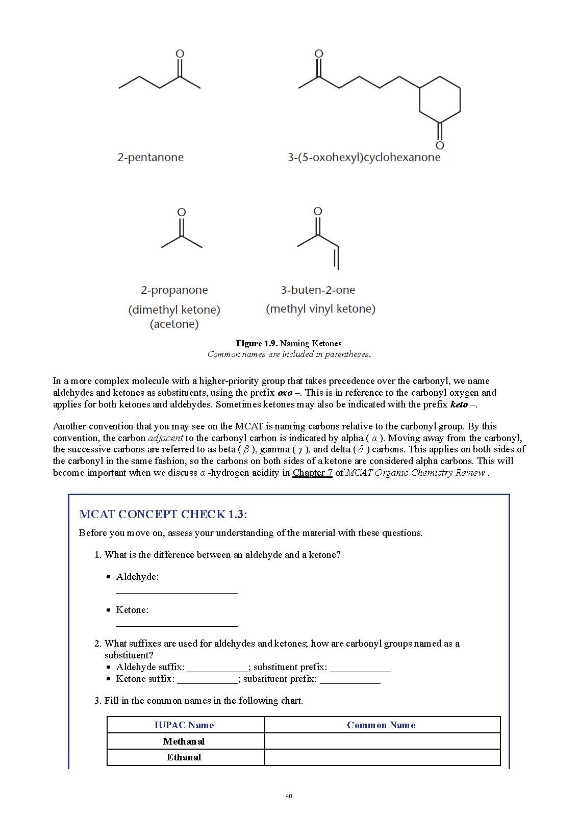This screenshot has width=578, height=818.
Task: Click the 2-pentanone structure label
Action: [x=150, y=157]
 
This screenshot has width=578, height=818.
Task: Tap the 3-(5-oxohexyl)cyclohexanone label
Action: [x=364, y=157]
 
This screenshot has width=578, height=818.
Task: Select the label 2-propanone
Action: [x=174, y=290]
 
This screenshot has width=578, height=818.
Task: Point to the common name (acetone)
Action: [x=174, y=324]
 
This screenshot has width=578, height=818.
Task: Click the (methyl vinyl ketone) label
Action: [x=320, y=309]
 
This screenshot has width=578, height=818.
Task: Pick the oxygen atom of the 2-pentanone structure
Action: [x=180, y=54]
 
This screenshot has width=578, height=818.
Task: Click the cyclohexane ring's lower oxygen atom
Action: [x=440, y=145]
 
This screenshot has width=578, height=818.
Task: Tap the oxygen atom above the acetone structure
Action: [x=181, y=212]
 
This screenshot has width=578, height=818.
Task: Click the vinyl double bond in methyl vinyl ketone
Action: [x=336, y=258]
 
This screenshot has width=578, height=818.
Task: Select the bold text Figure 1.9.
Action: [x=257, y=343]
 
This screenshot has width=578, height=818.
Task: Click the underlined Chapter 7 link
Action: [x=312, y=473]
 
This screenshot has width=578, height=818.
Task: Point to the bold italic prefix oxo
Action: [x=285, y=393]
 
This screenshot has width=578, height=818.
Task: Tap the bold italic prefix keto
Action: [x=459, y=404]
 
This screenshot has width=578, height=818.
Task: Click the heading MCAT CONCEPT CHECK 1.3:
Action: [x=163, y=514]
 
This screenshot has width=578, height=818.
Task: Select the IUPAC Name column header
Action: [x=184, y=725]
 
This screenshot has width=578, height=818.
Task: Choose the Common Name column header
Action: [x=381, y=725]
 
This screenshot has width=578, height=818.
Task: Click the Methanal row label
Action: [x=184, y=742]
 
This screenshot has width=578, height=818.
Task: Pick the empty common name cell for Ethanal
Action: [x=382, y=757]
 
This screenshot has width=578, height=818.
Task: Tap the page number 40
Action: [x=289, y=796]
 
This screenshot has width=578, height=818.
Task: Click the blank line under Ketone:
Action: [x=177, y=624]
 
